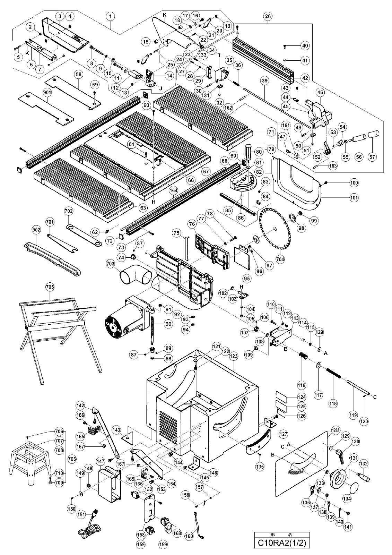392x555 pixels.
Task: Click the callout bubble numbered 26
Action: click(268, 17)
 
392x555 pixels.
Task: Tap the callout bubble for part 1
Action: click(111, 17)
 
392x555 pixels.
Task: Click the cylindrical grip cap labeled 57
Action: click(373, 134)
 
